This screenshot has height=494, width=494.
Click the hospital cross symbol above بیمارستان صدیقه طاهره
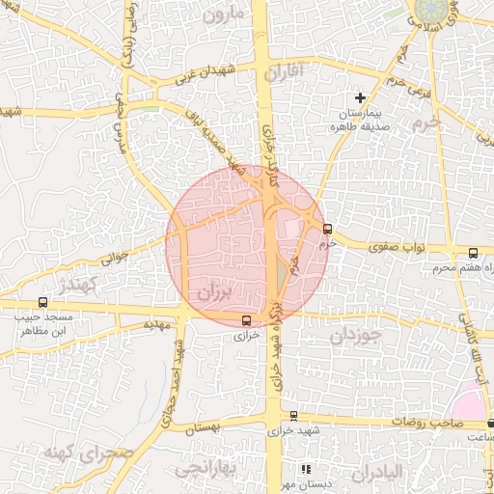361,97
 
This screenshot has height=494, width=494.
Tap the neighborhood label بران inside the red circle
213,289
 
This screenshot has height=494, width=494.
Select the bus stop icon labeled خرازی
246,320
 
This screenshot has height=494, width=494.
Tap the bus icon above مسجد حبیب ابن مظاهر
41,303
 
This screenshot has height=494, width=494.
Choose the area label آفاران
284,70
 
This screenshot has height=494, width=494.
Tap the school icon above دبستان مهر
306,469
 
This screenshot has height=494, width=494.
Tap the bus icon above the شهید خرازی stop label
294,416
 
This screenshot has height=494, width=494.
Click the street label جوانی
114,258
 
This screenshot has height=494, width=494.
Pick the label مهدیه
156,325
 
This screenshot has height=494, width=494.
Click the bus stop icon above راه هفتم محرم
472,251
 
